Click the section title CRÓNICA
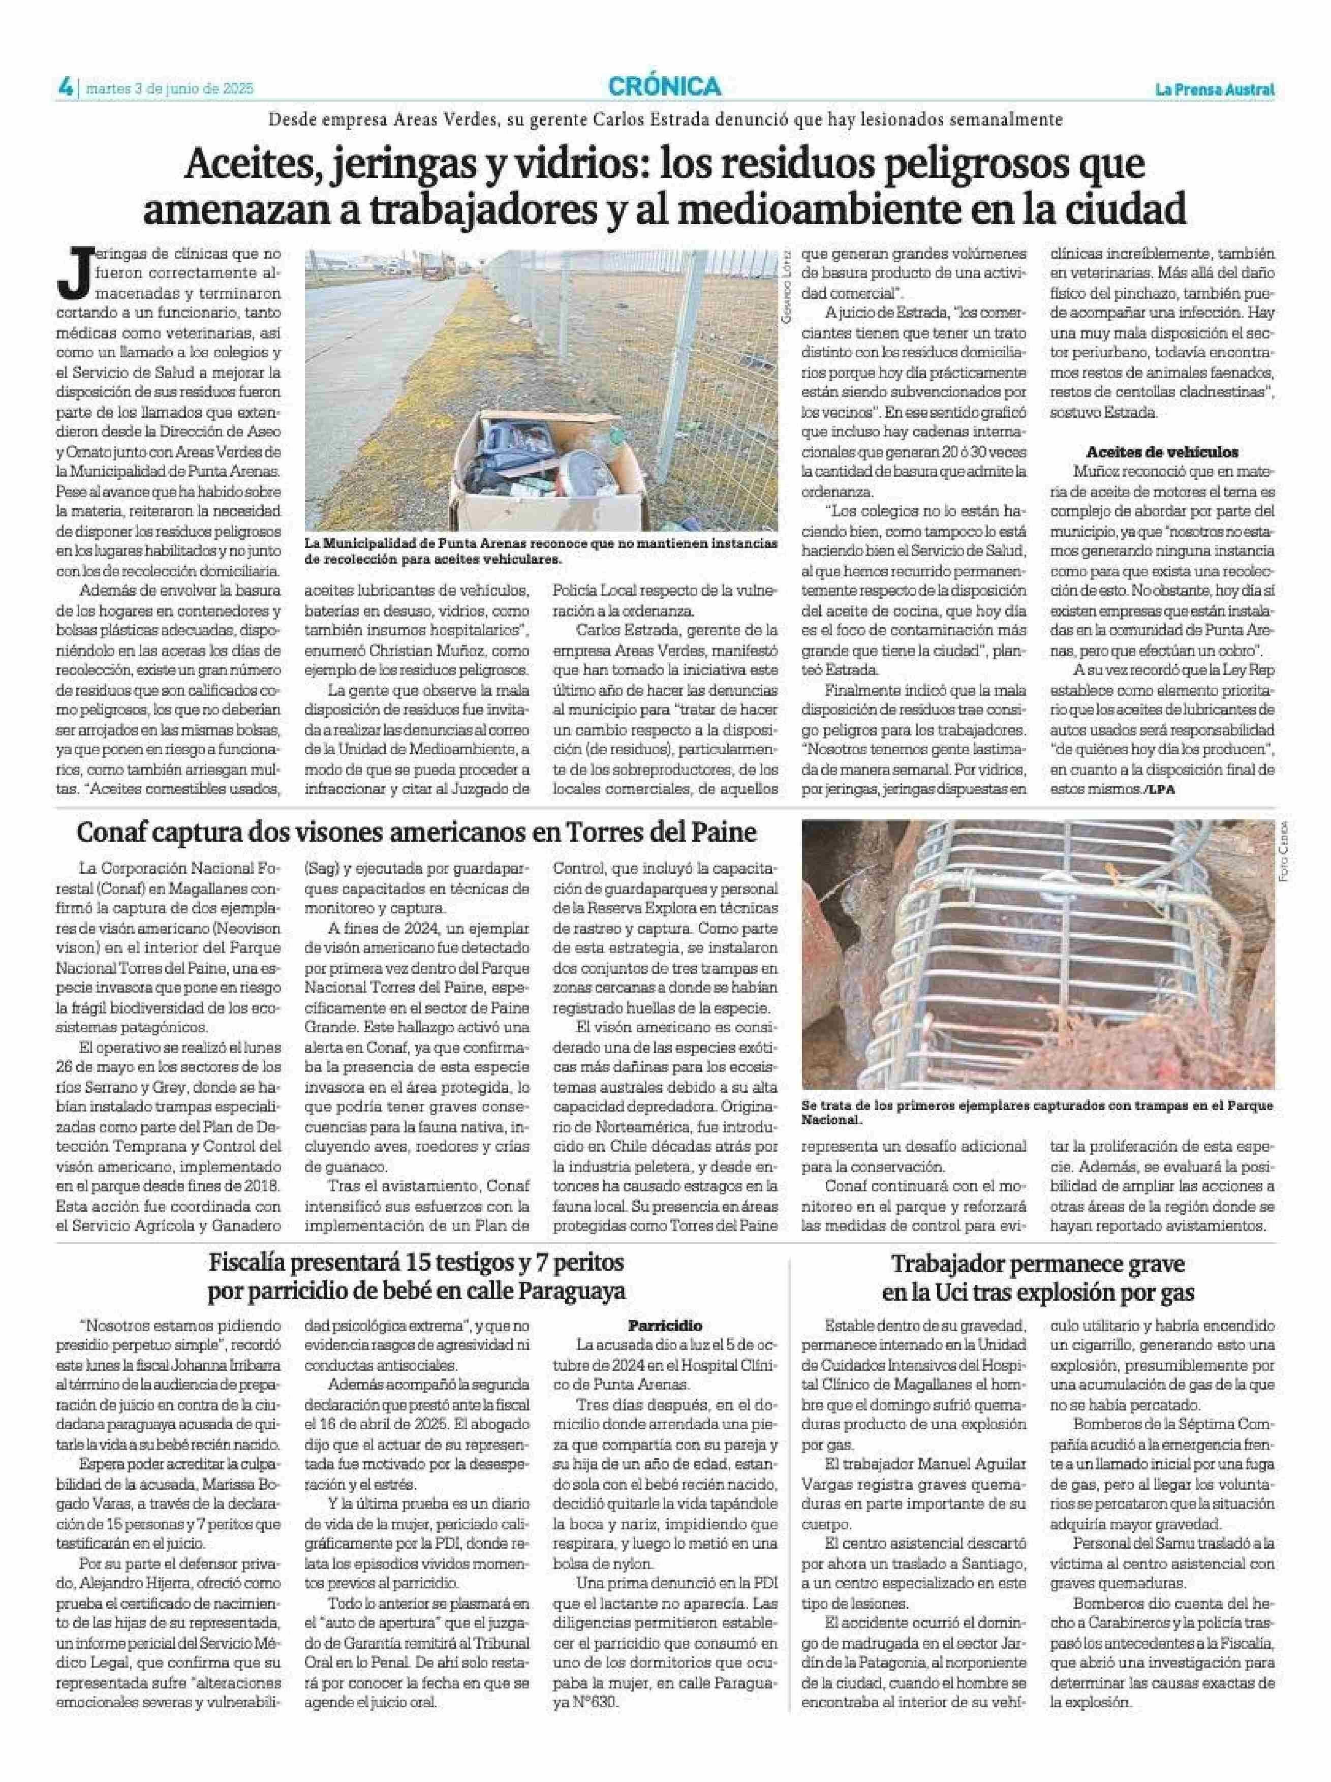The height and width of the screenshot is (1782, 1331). pyautogui.click(x=665, y=86)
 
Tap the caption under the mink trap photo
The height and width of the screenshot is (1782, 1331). pyautogui.click(x=1036, y=1113)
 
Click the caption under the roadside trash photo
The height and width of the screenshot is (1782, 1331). pyautogui.click(x=541, y=551)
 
